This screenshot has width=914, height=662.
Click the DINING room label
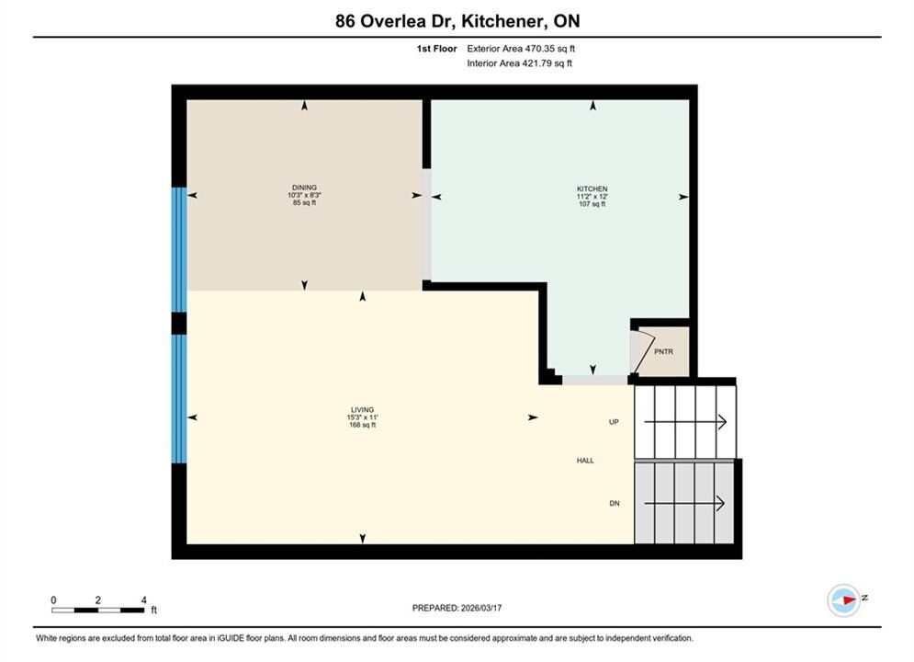click(x=304, y=188)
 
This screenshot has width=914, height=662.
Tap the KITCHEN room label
click(x=592, y=189)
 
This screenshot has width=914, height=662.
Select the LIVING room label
click(x=363, y=410)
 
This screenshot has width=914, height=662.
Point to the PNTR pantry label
click(x=663, y=352)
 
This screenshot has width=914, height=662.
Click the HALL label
click(x=585, y=461)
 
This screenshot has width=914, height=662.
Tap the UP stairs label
click(x=614, y=422)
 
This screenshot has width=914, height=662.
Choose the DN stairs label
click(x=615, y=503)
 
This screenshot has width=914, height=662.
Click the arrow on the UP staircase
click(x=685, y=422)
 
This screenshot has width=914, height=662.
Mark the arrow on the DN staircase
click(x=684, y=503)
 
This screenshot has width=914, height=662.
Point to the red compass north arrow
click(x=850, y=599)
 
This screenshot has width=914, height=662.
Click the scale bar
click(x=97, y=611)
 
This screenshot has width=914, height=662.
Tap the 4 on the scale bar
click(x=143, y=599)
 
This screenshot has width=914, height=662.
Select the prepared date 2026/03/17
click(x=481, y=608)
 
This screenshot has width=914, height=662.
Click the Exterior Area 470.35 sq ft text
click(x=521, y=49)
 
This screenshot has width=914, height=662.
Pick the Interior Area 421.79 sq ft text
click(x=519, y=63)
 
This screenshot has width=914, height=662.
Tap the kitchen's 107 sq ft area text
click(x=592, y=204)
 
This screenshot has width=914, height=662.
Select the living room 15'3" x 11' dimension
click(x=363, y=417)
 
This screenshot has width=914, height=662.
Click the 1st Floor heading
click(x=436, y=49)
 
